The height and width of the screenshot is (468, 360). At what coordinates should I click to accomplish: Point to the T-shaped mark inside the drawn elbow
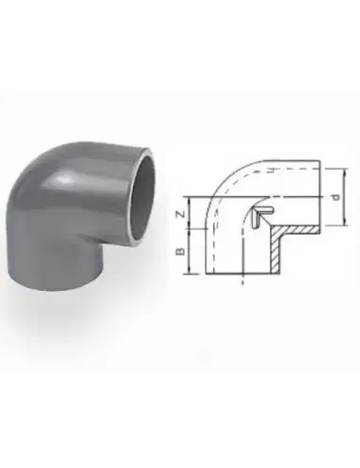point(262,217)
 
